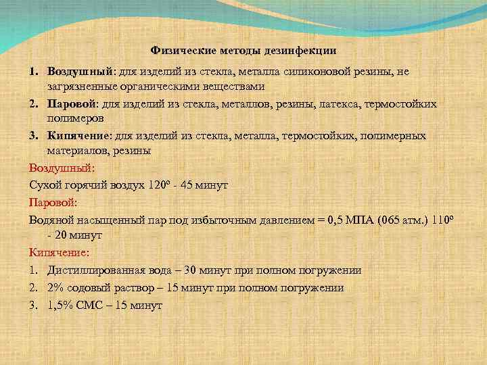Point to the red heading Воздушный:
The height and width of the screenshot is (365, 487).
point(61,168)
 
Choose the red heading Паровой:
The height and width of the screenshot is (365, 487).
point(53,201)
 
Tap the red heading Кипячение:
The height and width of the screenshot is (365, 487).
point(59,253)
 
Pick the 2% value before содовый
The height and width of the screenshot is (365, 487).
point(55,288)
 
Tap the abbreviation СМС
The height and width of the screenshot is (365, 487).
point(91,306)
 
